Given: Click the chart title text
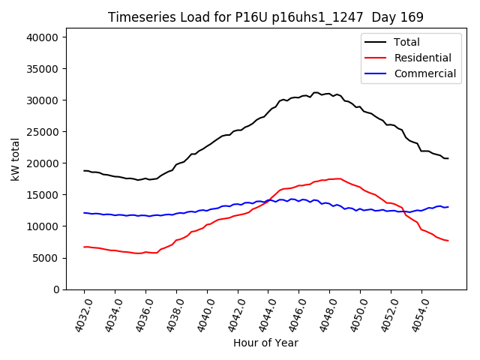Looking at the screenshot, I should (265, 17).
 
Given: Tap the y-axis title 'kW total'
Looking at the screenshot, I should (16, 163).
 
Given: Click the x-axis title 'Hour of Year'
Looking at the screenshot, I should (265, 343).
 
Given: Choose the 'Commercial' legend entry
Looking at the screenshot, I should (424, 73).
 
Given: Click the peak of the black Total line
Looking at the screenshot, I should (315, 92).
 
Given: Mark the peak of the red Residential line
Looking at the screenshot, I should (339, 178).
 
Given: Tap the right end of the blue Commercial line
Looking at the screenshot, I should (448, 206).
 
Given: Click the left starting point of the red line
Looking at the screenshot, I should (84, 247).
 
